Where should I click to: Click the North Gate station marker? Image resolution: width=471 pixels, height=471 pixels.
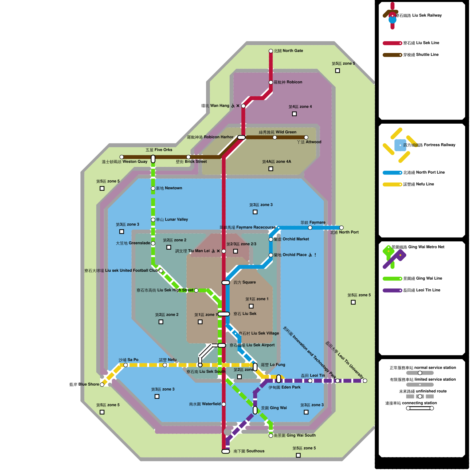(271, 51)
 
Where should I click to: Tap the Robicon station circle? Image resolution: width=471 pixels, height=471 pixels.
(271, 82)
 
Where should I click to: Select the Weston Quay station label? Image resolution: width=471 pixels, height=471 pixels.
(125, 162)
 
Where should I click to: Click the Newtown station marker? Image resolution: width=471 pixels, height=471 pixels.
(153, 188)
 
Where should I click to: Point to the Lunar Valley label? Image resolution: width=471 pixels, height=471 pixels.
(172, 220)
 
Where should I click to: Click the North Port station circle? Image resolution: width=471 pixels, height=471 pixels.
(341, 228)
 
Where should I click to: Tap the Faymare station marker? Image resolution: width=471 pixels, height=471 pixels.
(310, 228)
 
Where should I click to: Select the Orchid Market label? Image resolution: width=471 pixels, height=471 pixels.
(291, 239)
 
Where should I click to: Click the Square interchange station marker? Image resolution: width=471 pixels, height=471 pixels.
(226, 283)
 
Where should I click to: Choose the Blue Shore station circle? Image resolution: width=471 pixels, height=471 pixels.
(102, 384)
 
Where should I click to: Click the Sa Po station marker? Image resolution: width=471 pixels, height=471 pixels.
(126, 365)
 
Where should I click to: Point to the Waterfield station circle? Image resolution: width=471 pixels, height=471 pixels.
(224, 404)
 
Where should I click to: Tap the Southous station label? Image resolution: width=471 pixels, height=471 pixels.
(249, 451)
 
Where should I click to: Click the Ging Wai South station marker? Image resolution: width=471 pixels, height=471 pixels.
(271, 436)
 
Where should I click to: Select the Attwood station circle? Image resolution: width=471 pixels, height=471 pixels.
(306, 137)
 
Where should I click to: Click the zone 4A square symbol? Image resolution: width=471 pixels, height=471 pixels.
(271, 169)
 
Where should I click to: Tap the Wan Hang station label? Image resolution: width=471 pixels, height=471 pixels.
(215, 106)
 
